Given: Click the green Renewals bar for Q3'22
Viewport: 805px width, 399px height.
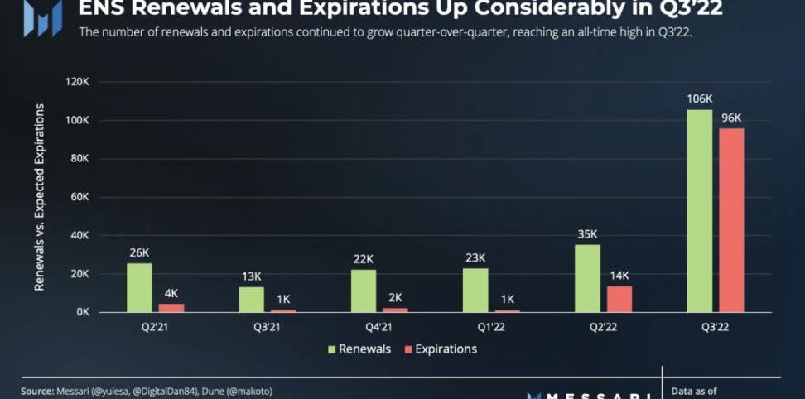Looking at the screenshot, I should pyautogui.click(x=699, y=210).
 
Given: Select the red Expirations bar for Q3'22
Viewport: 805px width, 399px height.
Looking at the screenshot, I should pyautogui.click(x=731, y=219).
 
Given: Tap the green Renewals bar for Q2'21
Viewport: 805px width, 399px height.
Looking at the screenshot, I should pyautogui.click(x=139, y=287).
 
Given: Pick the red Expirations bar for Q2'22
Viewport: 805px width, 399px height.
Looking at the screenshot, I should pyautogui.click(x=619, y=299).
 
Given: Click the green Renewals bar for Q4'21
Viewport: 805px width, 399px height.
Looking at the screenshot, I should pyautogui.click(x=363, y=291).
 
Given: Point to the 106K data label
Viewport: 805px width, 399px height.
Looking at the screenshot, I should pyautogui.click(x=699, y=99).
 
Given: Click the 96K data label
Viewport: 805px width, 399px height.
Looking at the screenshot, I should pyautogui.click(x=731, y=118).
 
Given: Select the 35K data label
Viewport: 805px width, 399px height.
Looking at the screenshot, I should pyautogui.click(x=586, y=234).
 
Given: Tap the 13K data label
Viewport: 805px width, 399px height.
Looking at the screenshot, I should pyautogui.click(x=251, y=276).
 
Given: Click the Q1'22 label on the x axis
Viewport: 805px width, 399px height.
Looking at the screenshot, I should pyautogui.click(x=475, y=326).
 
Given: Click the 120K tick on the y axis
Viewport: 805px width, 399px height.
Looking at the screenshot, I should pyautogui.click(x=76, y=82).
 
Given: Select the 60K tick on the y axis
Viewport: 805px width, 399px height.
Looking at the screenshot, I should pyautogui.click(x=79, y=197).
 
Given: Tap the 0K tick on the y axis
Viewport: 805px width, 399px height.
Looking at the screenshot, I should pyautogui.click(x=82, y=312).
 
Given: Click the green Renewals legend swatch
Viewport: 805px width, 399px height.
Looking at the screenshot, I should pyautogui.click(x=331, y=349).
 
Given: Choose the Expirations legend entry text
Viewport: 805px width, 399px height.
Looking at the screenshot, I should pyautogui.click(x=446, y=349).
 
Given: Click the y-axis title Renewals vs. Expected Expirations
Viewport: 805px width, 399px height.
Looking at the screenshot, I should pyautogui.click(x=39, y=197).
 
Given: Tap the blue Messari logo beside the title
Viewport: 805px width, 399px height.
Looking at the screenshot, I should pyautogui.click(x=42, y=17).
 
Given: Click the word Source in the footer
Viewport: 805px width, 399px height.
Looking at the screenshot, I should pyautogui.click(x=37, y=391).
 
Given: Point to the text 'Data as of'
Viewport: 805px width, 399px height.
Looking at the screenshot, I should pyautogui.click(x=694, y=391).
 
